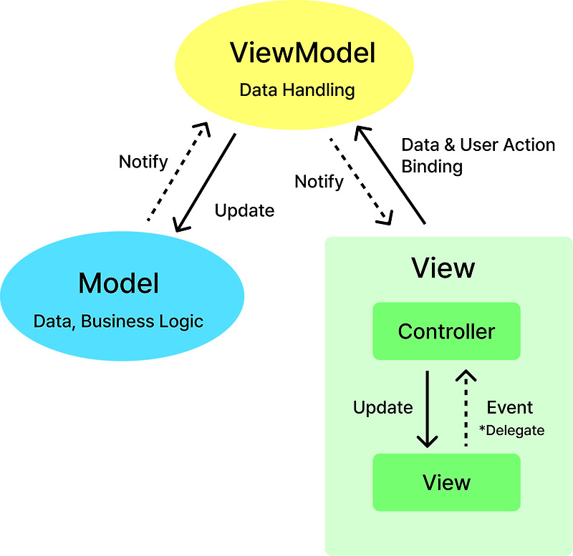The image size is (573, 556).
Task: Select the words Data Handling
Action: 297,90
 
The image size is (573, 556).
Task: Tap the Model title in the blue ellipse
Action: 119,283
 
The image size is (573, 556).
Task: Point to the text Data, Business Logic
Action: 119,321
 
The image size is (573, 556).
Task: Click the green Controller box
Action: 446,331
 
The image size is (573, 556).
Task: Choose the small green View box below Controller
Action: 446,482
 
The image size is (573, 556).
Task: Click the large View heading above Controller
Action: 443,268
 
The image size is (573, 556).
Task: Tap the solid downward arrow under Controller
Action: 428,409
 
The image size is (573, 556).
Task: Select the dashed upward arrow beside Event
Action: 466,409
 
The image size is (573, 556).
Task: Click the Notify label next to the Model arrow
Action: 143,161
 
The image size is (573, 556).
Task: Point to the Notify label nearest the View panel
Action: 319,182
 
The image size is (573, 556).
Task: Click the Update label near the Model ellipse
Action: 244,210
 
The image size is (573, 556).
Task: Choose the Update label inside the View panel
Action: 383,408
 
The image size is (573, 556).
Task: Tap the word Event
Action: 510,408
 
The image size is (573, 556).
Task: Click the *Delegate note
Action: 511,430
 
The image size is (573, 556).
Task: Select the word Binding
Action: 432,167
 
